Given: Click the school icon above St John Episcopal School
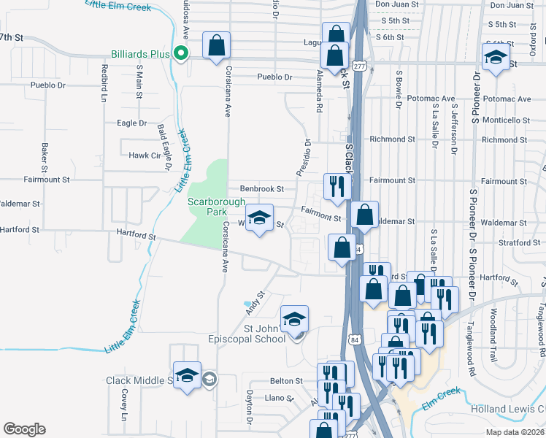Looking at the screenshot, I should pos(294,318).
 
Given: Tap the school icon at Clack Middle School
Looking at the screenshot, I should pos(187,375).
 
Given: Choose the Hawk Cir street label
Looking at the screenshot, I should pos(144,155).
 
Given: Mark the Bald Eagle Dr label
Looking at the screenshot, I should pos(164,147).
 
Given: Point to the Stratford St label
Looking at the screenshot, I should pos(510,242).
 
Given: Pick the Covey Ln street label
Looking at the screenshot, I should pos(124,404).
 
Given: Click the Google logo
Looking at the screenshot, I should pos(24,429).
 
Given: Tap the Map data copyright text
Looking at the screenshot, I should pos(516,433).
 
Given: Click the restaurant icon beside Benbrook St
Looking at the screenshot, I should pos(336,186).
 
